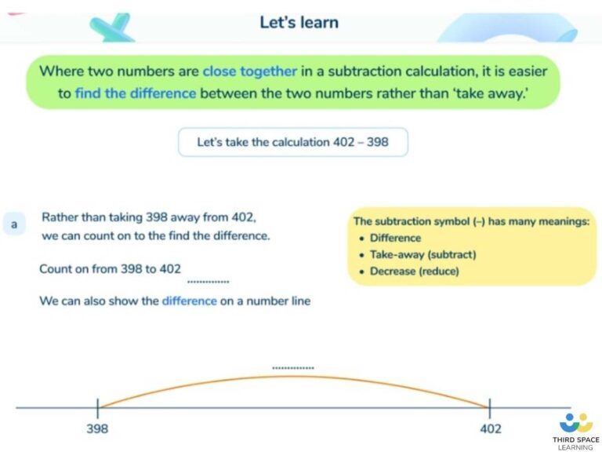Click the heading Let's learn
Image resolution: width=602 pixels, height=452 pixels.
[x=299, y=22]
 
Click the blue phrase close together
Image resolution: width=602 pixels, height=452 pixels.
[x=249, y=71]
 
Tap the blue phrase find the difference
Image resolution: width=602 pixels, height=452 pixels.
[x=135, y=93]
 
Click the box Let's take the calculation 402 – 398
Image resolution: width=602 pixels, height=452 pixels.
[x=292, y=142]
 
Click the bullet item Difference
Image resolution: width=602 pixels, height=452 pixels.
[x=395, y=238]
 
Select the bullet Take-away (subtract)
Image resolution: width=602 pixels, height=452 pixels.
[x=422, y=255]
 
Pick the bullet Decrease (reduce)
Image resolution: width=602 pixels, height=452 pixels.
[x=414, y=272]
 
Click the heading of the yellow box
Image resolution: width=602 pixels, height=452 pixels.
[x=471, y=222]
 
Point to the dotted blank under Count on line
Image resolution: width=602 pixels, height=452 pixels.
[x=209, y=281]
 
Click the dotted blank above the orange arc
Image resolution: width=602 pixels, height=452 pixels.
[x=293, y=367]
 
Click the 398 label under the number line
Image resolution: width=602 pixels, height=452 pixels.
[x=97, y=429]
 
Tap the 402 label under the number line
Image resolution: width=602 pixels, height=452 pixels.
[x=489, y=429]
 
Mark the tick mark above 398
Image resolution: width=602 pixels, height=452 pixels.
[x=97, y=408]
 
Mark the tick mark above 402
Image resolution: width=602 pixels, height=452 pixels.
[x=490, y=408]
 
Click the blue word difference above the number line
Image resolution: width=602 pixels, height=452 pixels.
[x=189, y=301]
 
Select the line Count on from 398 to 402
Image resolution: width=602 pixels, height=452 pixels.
[x=110, y=268]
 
